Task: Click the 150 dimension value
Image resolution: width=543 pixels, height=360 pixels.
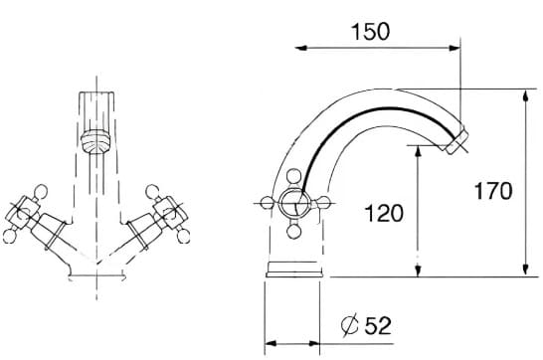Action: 370,31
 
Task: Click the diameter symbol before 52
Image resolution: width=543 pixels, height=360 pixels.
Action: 349,324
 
